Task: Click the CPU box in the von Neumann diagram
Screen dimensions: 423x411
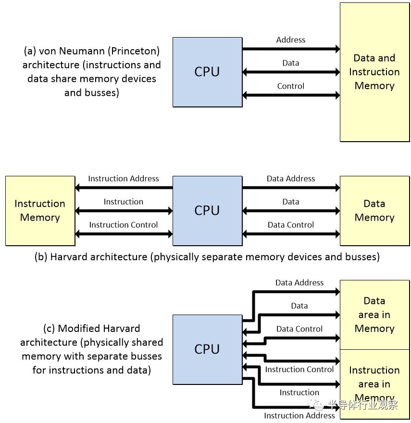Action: (207, 72)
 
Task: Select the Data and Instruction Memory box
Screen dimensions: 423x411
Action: (374, 72)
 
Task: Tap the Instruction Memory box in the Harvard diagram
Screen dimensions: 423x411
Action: (40, 211)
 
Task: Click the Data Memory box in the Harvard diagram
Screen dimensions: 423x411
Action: (374, 211)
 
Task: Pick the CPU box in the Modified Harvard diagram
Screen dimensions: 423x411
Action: (207, 349)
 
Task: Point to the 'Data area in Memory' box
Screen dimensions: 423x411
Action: (374, 315)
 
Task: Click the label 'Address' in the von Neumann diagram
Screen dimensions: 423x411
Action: (291, 40)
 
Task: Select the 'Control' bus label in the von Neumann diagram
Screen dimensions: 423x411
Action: (291, 86)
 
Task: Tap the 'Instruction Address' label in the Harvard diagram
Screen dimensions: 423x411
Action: (124, 179)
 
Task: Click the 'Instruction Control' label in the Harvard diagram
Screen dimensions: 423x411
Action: (124, 225)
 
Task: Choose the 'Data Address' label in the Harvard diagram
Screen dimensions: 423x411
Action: (291, 179)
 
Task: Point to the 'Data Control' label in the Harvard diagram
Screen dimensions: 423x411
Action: (291, 225)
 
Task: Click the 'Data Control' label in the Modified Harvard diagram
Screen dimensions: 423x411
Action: (299, 329)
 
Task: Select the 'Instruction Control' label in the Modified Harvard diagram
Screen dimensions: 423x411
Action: (299, 370)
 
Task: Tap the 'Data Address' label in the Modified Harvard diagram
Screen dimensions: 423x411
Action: (299, 283)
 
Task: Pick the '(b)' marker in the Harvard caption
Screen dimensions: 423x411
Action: (41, 257)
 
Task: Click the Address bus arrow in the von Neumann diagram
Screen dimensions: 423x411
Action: (291, 49)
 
